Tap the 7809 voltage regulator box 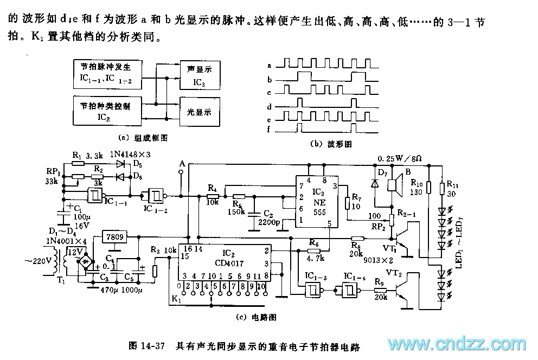114,236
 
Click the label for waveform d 269,106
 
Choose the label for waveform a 269,65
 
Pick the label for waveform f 269,130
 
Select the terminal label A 182,163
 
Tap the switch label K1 176,299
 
